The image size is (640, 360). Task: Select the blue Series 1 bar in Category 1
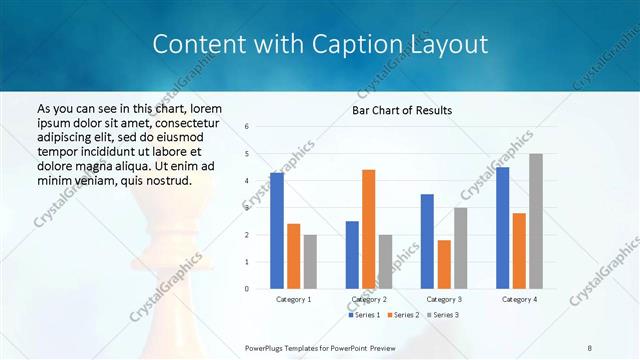pyautogui.click(x=277, y=230)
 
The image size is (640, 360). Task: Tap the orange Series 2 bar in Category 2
pyautogui.click(x=368, y=229)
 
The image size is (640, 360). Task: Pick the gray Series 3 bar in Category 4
pyautogui.click(x=536, y=221)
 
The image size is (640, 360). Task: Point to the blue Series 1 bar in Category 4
pyautogui.click(x=502, y=227)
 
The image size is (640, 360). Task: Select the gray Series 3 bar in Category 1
pyautogui.click(x=310, y=261)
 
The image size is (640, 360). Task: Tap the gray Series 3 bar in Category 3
pyautogui.click(x=460, y=248)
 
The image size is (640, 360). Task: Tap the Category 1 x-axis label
pyautogui.click(x=294, y=299)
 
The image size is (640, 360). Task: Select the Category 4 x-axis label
pyautogui.click(x=519, y=299)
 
